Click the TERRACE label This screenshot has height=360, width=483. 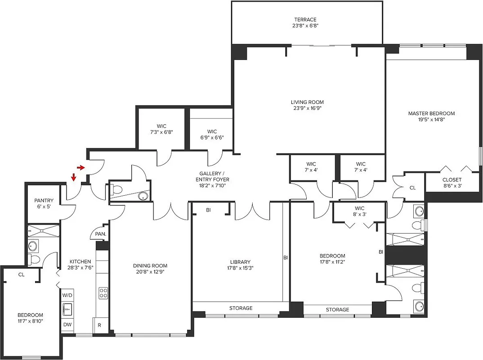tap(305, 19)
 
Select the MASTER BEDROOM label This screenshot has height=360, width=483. tap(431, 113)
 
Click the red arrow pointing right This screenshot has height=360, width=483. tap(81, 168)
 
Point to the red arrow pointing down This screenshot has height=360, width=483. tap(73, 178)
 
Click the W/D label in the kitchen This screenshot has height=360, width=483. tap(67, 295)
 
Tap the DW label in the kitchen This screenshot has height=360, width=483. tap(67, 324)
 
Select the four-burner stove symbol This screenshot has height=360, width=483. tap(103, 293)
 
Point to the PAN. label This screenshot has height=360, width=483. tap(100, 234)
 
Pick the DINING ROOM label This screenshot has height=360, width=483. tap(150, 265)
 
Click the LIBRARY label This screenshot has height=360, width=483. tap(240, 262)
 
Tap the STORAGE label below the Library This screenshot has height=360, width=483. tap(241, 308)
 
